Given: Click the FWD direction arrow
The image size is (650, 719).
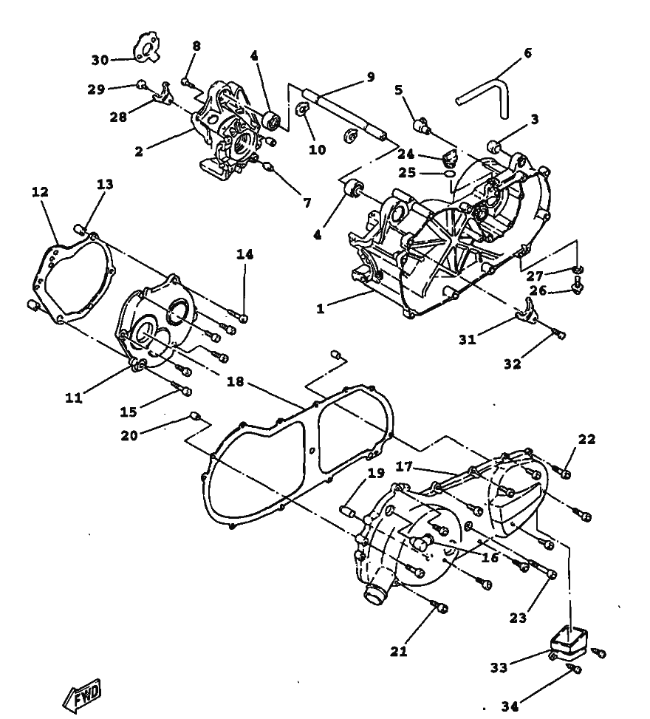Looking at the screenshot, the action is (82, 693).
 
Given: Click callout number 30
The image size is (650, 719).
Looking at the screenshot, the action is (100, 60).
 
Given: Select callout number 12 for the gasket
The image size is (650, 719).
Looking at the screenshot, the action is (40, 191).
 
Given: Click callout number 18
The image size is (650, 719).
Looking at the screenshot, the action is (235, 381).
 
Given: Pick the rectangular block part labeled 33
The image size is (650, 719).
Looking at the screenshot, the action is (569, 641).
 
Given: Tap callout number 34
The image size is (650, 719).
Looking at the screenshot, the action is (510, 706).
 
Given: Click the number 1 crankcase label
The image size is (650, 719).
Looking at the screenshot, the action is (320, 309).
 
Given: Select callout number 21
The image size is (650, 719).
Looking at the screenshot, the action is (398, 651).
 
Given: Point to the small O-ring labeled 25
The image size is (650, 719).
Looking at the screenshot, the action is (451, 174).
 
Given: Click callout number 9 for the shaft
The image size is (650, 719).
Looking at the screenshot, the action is (370, 77).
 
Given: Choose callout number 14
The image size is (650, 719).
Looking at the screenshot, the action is (244, 254).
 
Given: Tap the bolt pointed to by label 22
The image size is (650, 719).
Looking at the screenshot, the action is (561, 471).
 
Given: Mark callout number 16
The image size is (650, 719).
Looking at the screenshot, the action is (490, 558).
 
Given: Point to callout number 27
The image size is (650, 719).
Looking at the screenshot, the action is (535, 276).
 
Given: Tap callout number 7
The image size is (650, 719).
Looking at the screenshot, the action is (307, 202).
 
